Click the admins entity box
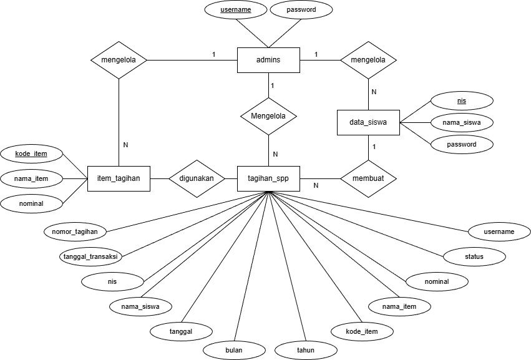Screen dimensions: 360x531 (x=268, y=60)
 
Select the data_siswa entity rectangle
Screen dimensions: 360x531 (x=368, y=123)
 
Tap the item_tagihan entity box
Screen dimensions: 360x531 (x=119, y=178)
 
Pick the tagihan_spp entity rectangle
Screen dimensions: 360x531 (x=268, y=178)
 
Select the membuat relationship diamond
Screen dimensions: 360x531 (x=368, y=178)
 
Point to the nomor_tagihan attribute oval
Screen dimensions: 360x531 (x=75, y=231)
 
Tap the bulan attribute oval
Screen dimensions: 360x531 (x=233, y=350)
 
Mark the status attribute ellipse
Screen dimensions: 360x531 (x=474, y=256)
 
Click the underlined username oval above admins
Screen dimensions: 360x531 (x=235, y=10)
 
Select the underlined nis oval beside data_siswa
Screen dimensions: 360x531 (x=462, y=100)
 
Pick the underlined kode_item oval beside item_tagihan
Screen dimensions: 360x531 (x=31, y=153)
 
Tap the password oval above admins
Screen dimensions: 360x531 (x=301, y=10)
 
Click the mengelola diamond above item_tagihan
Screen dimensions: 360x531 (x=119, y=60)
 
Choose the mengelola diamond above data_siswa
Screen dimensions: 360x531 (x=368, y=60)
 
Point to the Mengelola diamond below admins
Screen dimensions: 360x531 (x=268, y=116)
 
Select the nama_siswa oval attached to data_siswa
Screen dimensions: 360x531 (x=462, y=122)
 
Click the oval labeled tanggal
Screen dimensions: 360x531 (x=181, y=331)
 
